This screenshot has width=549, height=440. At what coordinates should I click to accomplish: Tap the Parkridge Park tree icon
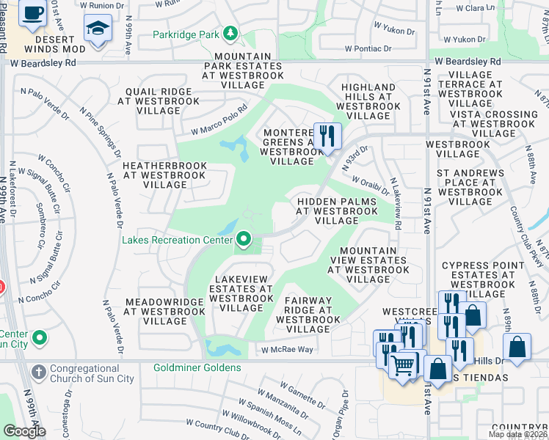coord(231,34)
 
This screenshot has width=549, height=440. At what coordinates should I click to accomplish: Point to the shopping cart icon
coord(402,366)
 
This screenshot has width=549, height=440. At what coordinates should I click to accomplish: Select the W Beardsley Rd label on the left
coord(43,63)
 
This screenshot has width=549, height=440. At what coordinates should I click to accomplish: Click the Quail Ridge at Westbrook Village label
coord(159,100)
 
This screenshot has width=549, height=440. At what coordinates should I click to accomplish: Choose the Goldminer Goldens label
coord(197,367)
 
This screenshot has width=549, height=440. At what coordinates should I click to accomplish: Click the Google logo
coord(24,431)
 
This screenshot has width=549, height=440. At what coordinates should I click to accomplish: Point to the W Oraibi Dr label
coord(366,181)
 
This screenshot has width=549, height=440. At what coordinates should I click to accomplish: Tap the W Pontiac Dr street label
coord(382,48)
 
